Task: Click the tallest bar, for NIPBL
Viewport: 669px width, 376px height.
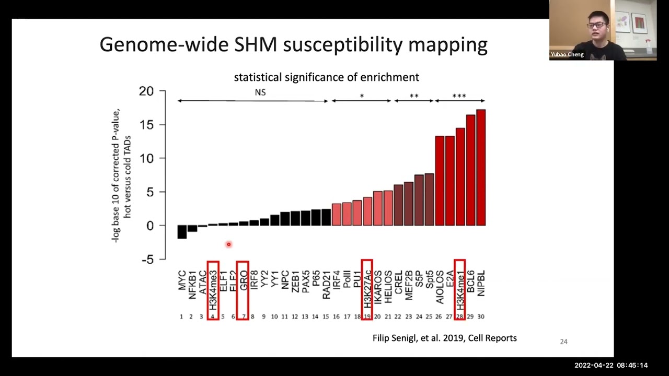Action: [x=481, y=168]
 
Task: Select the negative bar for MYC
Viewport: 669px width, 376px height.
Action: [x=182, y=232]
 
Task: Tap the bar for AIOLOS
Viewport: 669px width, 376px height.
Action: [x=440, y=181]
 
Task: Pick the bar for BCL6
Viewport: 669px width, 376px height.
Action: [x=471, y=170]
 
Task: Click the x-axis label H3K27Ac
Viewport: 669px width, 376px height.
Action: [x=367, y=289]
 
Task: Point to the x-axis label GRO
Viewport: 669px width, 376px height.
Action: [x=244, y=280]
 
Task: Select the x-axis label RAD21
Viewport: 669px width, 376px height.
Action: [x=326, y=285]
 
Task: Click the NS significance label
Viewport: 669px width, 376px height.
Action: [x=260, y=92]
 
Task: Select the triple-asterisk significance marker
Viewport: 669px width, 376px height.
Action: [x=459, y=96]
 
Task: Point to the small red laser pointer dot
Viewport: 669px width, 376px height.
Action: [x=229, y=244]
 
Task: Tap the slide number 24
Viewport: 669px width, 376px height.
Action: [x=563, y=342]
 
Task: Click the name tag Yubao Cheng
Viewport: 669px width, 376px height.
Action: [x=567, y=55]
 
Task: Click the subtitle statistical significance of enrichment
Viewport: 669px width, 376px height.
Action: [x=327, y=77]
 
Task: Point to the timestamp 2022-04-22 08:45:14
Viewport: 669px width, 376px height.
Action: [x=611, y=365]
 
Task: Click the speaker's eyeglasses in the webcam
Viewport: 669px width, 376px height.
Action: [x=596, y=25]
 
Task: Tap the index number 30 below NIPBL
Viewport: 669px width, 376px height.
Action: [x=481, y=316]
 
